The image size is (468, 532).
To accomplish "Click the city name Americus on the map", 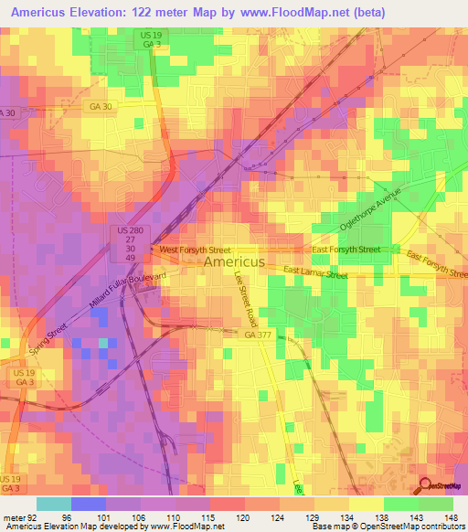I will click(234, 261).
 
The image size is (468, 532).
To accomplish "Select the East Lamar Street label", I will click(315, 271).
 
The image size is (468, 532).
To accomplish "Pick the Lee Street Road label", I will click(246, 303).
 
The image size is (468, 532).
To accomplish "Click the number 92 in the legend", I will click(33, 516).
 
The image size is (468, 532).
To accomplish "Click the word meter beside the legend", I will click(13, 516).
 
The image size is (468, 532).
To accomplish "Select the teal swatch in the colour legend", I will click(53, 504).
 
